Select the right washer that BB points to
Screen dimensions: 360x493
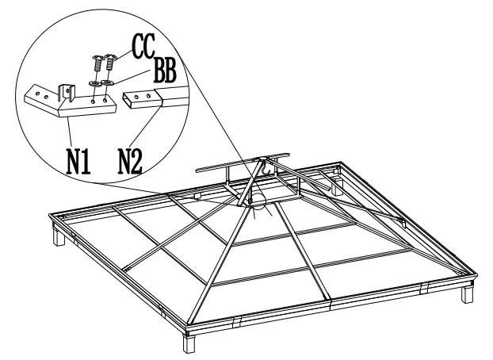(x=107, y=82)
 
